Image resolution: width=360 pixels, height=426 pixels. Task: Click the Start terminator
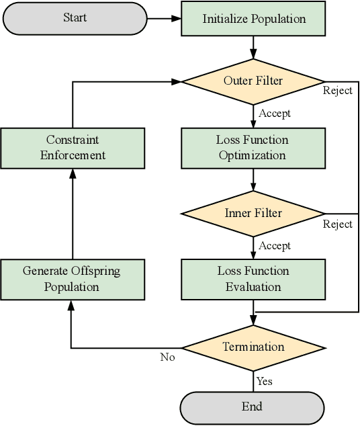[75, 18]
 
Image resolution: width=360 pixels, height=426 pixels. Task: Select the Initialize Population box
[254, 19]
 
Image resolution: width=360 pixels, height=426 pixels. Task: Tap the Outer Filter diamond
[253, 81]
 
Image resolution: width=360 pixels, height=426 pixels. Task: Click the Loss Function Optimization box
[253, 148]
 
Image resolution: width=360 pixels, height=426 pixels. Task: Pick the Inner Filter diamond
[253, 214]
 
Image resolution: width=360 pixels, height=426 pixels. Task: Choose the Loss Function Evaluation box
[253, 279]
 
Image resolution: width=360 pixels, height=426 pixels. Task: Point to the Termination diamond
[254, 347]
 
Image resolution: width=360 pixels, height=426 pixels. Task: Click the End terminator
[252, 407]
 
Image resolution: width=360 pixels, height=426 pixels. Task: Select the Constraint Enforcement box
[72, 148]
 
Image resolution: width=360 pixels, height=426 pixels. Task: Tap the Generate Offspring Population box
[72, 279]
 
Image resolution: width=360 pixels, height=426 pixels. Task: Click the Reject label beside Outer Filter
[338, 91]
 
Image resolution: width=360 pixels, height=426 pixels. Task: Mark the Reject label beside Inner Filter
[338, 224]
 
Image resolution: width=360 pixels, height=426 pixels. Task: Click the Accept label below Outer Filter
[275, 114]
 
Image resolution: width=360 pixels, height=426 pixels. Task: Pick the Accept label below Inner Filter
[275, 246]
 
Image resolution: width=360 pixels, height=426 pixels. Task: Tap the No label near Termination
[167, 357]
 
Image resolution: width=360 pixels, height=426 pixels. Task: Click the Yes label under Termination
[265, 382]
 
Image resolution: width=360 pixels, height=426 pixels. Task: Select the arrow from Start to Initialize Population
[164, 18]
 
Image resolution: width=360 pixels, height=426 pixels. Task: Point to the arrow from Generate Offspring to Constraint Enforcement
[72, 215]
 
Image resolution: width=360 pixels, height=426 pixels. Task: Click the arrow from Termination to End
[254, 380]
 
